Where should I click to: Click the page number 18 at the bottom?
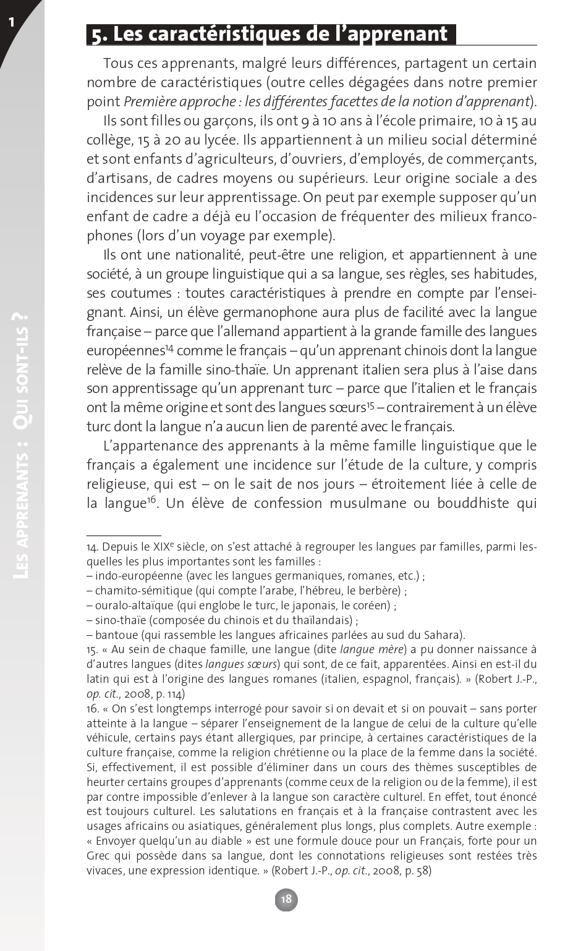[x=286, y=899]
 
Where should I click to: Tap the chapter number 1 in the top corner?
[x=11, y=23]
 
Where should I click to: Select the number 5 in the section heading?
[x=96, y=35]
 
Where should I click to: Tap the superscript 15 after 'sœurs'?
[x=370, y=405]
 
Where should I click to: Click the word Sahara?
[x=443, y=635]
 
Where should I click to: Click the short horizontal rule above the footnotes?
[x=124, y=534]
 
